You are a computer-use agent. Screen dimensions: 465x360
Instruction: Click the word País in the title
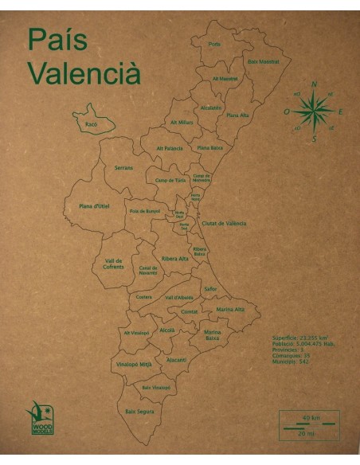coord(57,39)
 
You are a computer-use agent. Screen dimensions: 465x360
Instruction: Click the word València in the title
coord(84,72)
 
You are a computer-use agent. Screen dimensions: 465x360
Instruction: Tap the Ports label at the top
coord(214,44)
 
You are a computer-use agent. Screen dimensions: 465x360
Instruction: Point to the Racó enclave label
coord(90,124)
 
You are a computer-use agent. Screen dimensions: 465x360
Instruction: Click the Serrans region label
coord(123,168)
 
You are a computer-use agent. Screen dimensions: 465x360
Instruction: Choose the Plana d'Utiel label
coord(94,206)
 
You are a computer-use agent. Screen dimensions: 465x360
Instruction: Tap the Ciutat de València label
coord(224,224)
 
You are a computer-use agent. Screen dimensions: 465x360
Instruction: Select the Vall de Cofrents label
coord(114,264)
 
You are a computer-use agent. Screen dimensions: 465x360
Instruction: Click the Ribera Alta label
coord(175,259)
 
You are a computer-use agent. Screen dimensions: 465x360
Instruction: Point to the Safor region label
coord(211,288)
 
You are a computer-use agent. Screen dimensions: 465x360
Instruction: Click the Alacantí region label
coord(176,359)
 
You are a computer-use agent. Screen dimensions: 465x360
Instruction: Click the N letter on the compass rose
coord(314,84)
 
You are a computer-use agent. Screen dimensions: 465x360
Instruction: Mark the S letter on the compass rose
coord(315,139)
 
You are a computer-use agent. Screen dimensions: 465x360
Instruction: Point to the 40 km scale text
coord(305,418)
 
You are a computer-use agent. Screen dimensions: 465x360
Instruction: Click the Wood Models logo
coord(41,412)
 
